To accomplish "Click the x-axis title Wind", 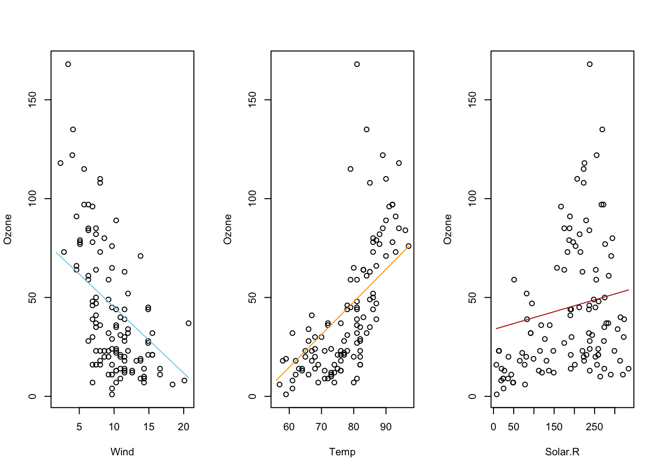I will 122,452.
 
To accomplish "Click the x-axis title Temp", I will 342,452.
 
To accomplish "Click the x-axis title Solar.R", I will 562,452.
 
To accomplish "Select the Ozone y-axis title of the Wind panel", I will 8,229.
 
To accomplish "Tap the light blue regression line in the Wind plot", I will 122,315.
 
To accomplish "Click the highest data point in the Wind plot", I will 68,64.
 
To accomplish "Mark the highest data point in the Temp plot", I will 357,64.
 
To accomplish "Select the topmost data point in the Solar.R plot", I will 590,64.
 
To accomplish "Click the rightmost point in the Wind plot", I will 189,323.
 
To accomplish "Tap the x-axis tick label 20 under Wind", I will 184,427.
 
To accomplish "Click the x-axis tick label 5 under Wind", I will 79,427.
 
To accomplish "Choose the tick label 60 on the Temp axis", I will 289,427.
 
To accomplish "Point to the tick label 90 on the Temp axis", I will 386,427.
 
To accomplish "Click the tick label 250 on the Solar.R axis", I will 594,427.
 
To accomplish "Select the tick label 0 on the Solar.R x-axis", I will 494,427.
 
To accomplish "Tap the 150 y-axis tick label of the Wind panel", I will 32,100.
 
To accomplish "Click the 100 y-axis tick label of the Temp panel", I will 252,199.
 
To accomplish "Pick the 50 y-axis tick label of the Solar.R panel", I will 472,297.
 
